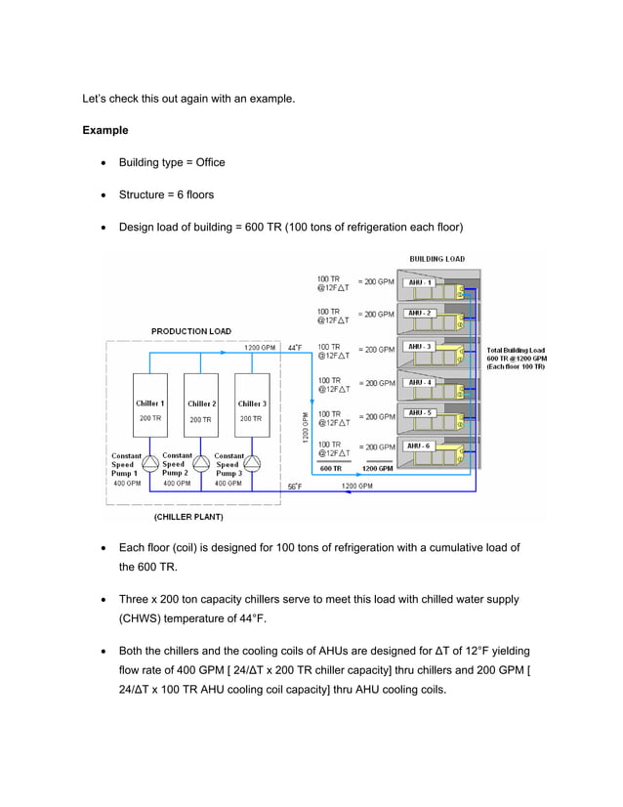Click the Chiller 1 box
149,410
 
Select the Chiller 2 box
201,410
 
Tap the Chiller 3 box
252,410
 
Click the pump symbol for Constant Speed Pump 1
149,461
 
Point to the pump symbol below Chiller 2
201,461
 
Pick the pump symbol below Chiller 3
252,461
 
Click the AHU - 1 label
420,282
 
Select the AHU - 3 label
420,347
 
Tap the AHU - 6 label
420,446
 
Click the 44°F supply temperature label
295,347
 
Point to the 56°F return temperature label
295,486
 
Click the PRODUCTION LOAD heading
191,331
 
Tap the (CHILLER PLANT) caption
188,516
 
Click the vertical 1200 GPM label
304,426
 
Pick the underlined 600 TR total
331,468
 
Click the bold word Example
105,130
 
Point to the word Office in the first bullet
208,162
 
